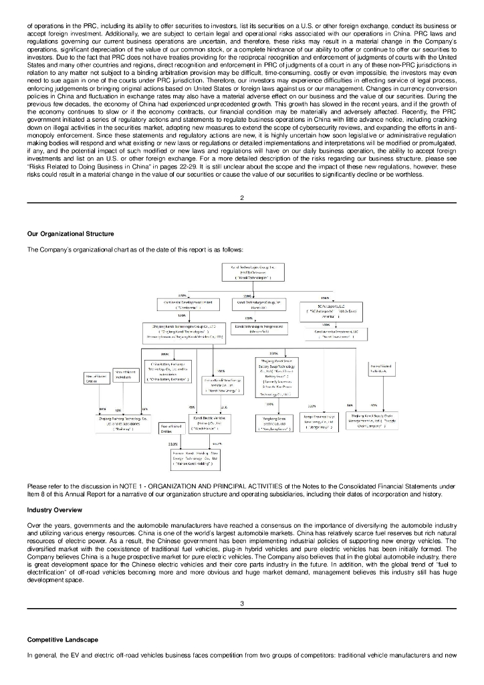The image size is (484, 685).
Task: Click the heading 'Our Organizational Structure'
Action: pyautogui.click(x=70, y=233)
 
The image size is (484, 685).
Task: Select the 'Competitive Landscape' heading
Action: pyautogui.click(x=62, y=640)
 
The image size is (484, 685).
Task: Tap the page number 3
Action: pyautogui.click(x=242, y=604)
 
